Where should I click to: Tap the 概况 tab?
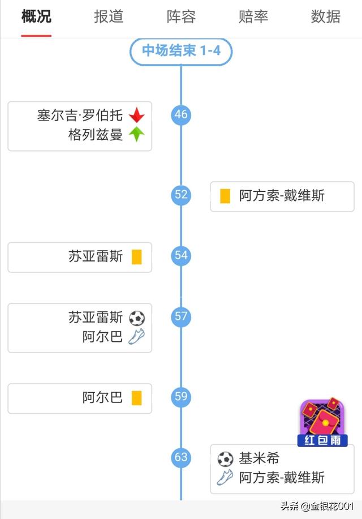click(x=36, y=17)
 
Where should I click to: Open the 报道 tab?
click(x=109, y=17)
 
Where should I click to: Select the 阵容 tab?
click(x=181, y=17)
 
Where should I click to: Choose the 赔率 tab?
click(x=253, y=17)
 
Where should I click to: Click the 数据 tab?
click(x=326, y=17)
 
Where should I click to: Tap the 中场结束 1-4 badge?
click(x=181, y=52)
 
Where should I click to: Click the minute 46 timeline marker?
click(x=181, y=115)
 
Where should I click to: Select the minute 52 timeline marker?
click(x=181, y=195)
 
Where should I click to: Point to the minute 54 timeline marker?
click(x=181, y=255)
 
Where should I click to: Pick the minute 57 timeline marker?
click(x=181, y=316)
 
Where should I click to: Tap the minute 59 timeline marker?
click(x=181, y=397)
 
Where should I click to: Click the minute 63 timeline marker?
click(x=181, y=457)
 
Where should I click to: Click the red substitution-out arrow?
click(x=136, y=115)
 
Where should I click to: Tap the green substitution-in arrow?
click(x=136, y=135)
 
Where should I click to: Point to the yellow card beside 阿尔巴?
click(x=136, y=398)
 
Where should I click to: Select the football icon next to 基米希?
click(x=225, y=458)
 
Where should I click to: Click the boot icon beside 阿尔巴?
click(x=136, y=337)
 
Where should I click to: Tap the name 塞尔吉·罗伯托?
click(x=80, y=115)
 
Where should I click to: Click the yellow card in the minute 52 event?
click(x=225, y=196)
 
